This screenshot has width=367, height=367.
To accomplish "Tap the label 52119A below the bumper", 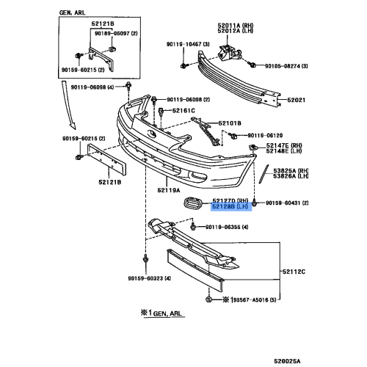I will [x=168, y=190].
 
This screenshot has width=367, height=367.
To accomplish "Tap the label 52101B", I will [x=228, y=123].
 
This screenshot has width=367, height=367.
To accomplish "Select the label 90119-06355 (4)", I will [x=228, y=228].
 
